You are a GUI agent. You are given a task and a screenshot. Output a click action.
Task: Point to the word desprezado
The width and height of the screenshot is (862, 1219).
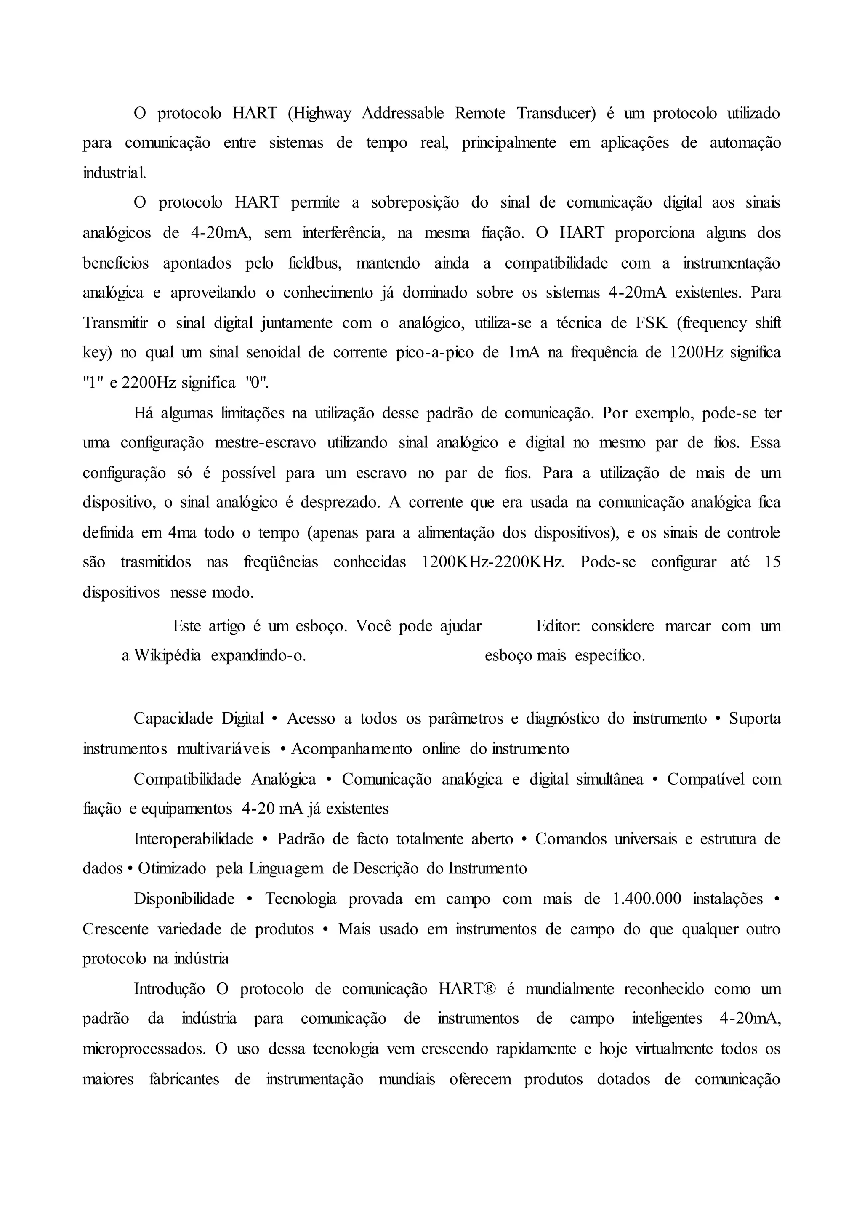coord(340,503)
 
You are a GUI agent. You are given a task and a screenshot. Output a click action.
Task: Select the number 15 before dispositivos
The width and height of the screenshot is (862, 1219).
coord(772,562)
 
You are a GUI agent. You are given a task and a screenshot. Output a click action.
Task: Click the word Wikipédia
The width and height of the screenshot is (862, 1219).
coord(167,656)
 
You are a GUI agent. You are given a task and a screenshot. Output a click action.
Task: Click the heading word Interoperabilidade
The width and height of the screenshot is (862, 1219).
coord(193,839)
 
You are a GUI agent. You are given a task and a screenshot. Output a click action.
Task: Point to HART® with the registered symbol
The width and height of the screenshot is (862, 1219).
coord(467,989)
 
